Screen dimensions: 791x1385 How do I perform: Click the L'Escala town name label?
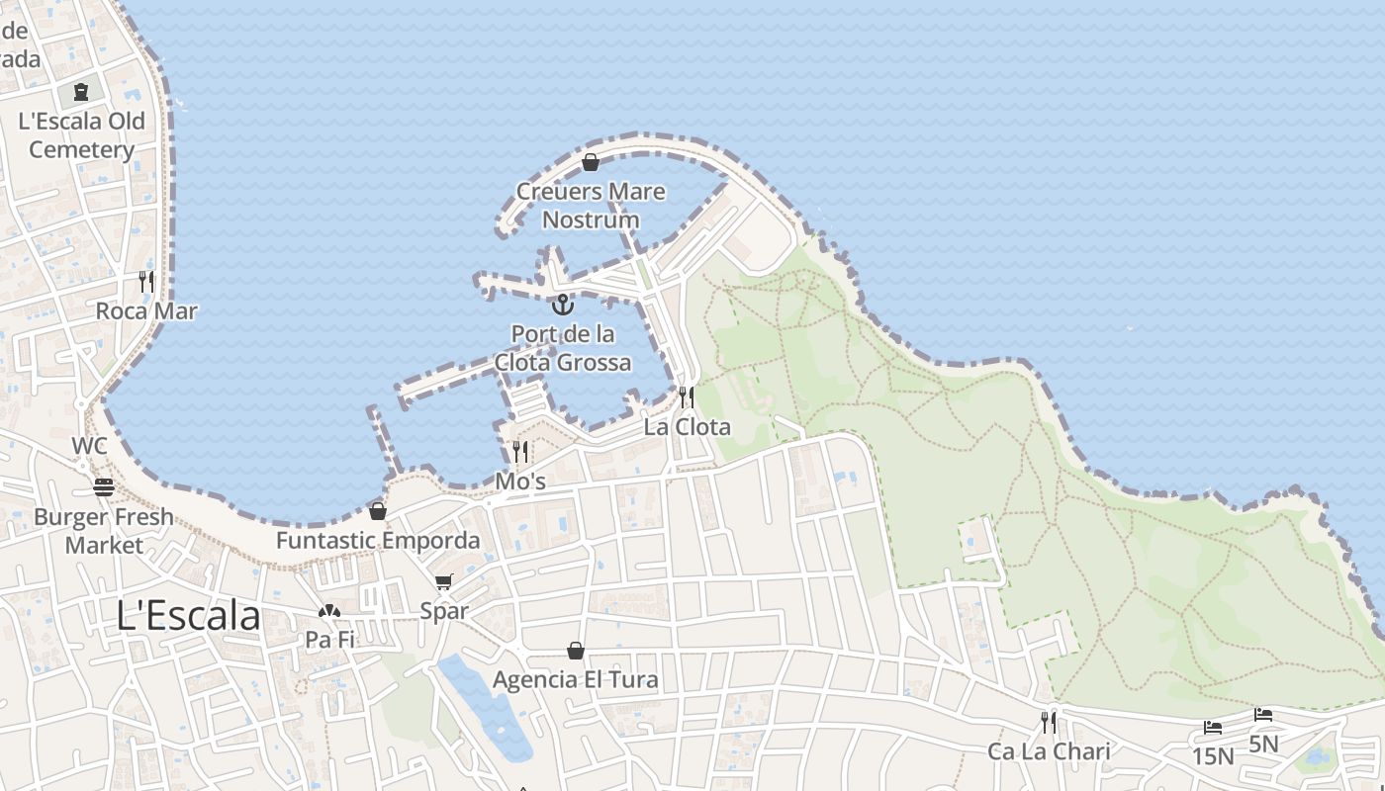click(x=188, y=616)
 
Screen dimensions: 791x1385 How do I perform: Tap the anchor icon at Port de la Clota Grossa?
click(x=562, y=304)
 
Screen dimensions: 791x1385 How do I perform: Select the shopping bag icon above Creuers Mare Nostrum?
click(x=591, y=162)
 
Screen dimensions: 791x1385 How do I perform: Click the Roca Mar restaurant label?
click(x=146, y=311)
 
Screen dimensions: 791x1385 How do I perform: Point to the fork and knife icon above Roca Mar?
click(x=146, y=282)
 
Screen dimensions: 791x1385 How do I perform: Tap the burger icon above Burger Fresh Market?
click(x=103, y=487)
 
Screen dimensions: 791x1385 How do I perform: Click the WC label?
click(x=89, y=446)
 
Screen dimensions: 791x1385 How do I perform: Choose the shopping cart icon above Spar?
click(x=443, y=581)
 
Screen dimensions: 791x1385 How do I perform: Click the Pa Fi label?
click(x=329, y=640)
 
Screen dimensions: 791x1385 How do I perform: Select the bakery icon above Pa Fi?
click(x=329, y=611)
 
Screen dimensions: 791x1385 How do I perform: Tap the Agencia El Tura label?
click(x=575, y=680)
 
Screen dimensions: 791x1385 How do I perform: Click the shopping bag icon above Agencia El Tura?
click(x=575, y=651)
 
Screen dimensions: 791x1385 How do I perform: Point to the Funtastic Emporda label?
click(x=378, y=541)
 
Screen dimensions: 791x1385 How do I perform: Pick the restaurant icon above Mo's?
click(x=519, y=453)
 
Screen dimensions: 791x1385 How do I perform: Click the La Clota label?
click(x=687, y=427)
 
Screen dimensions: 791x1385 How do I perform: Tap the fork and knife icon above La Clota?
click(x=686, y=397)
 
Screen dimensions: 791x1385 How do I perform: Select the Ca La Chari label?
click(x=1049, y=751)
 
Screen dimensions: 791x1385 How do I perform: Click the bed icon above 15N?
click(x=1213, y=729)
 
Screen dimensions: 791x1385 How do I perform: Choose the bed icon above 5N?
click(x=1263, y=715)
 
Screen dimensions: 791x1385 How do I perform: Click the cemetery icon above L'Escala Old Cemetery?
click(x=81, y=93)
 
